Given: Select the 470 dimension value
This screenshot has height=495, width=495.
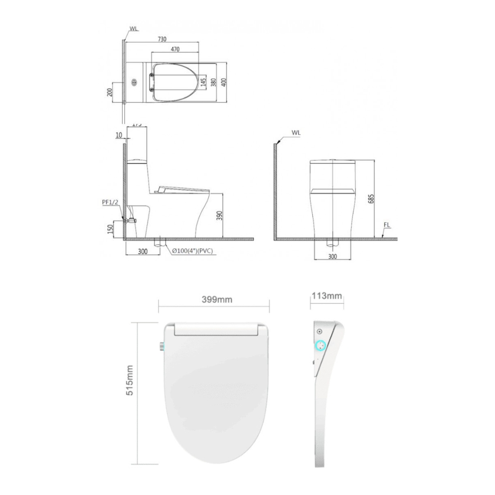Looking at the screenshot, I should pos(175,49).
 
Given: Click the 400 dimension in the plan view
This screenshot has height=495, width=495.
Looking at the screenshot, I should pos(224,83).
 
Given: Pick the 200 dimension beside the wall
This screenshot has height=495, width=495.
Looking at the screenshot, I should pos(109,92).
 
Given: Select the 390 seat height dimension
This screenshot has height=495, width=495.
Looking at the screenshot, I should pos(220,215).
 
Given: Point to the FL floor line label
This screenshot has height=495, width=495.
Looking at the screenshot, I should pos(387,225).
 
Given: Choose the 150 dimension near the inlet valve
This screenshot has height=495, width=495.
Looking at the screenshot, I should pos(109,229).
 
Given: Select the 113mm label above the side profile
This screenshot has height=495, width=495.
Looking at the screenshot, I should pos(327,296).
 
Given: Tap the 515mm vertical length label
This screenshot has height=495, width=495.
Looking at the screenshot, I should pos(130,380).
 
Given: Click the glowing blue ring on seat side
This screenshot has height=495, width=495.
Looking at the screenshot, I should pos(320,346).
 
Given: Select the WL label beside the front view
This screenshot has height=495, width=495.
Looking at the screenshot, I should pos(296,133).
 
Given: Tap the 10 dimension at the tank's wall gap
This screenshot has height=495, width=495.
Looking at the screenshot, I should pos(117,135).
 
